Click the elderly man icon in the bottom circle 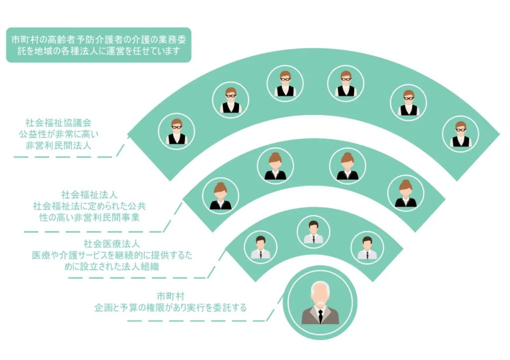coord(320,303)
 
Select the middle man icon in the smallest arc coord(314,232)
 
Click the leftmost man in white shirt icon coord(260,247)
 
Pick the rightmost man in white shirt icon coord(367,248)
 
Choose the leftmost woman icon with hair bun coord(221,196)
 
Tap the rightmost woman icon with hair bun coord(405,193)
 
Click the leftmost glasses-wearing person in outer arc coord(177,131)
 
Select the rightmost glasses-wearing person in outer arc coord(461,134)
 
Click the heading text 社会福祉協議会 coord(58,122)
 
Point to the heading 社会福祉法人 coord(89,195)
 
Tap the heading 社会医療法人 coord(112,244)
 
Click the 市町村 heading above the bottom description coord(170,296)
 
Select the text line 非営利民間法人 coord(58,145)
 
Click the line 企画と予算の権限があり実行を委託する coord(170,308)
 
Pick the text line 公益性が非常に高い coord(58,134)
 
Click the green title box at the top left coord(99,45)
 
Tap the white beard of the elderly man coord(320,305)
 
